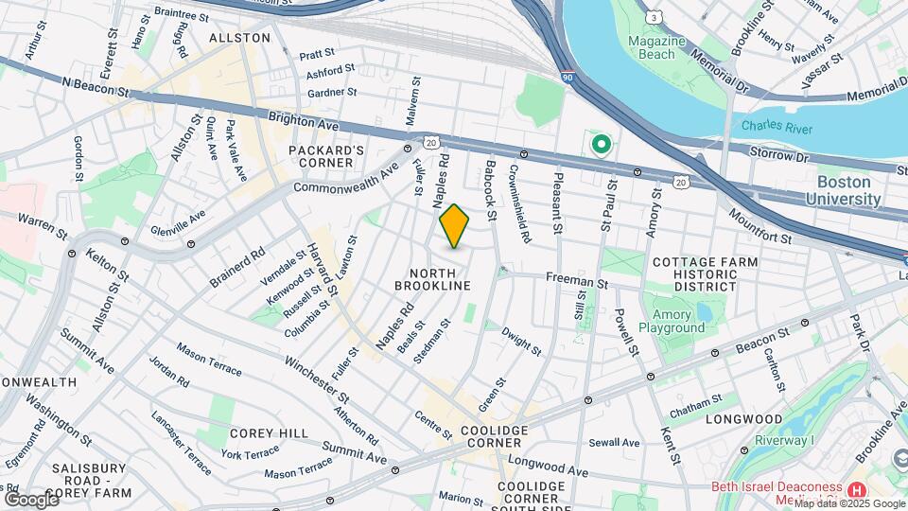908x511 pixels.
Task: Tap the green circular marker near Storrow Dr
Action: (x=600, y=146)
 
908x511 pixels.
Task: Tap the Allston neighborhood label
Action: (x=239, y=38)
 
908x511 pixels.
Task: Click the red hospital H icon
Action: (x=857, y=489)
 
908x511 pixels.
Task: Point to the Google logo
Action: (x=31, y=498)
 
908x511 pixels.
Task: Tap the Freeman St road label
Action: (x=574, y=281)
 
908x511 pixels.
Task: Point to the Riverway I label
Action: (x=784, y=441)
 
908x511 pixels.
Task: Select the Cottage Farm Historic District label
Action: (x=706, y=273)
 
